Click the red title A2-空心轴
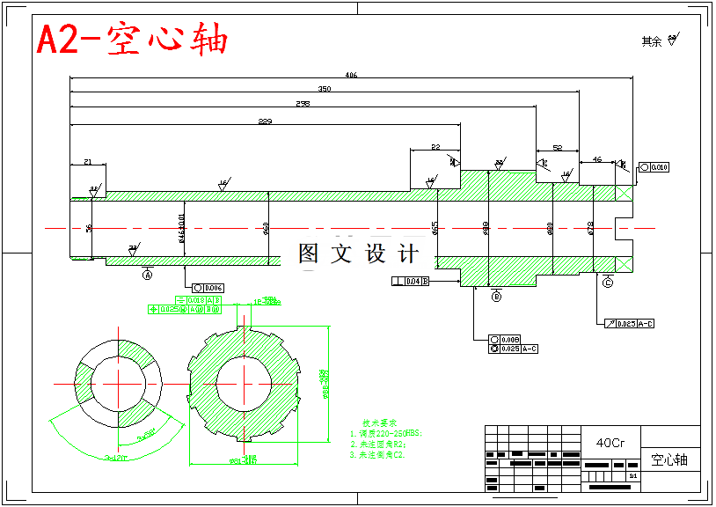pyautogui.click(x=132, y=40)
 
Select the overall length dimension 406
pyautogui.click(x=351, y=75)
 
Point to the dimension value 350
pyautogui.click(x=324, y=89)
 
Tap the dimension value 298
pyautogui.click(x=303, y=104)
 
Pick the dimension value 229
pyautogui.click(x=265, y=121)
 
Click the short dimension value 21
pyautogui.click(x=88, y=161)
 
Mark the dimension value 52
pyautogui.click(x=558, y=148)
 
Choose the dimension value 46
pyautogui.click(x=597, y=159)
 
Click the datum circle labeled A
pyautogui.click(x=148, y=275)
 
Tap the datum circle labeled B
pyautogui.click(x=496, y=298)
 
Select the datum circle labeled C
pyautogui.click(x=608, y=283)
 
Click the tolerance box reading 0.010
pyautogui.click(x=655, y=166)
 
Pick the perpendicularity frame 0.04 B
pyautogui.click(x=411, y=282)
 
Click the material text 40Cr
pyautogui.click(x=610, y=443)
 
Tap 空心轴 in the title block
pyautogui.click(x=669, y=459)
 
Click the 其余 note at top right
pyautogui.click(x=652, y=41)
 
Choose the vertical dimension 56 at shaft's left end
pyautogui.click(x=89, y=228)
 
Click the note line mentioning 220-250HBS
pyautogui.click(x=387, y=434)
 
